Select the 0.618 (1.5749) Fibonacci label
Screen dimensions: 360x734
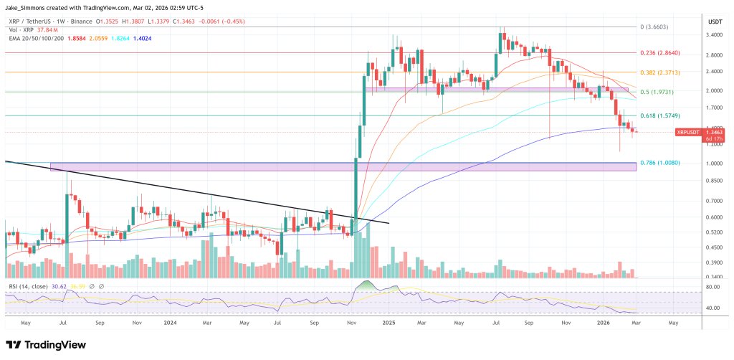click(659, 115)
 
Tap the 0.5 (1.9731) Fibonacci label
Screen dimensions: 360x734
click(658, 92)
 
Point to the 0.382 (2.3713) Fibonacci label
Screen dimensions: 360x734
click(659, 72)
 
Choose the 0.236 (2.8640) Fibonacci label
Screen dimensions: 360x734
click(659, 53)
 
